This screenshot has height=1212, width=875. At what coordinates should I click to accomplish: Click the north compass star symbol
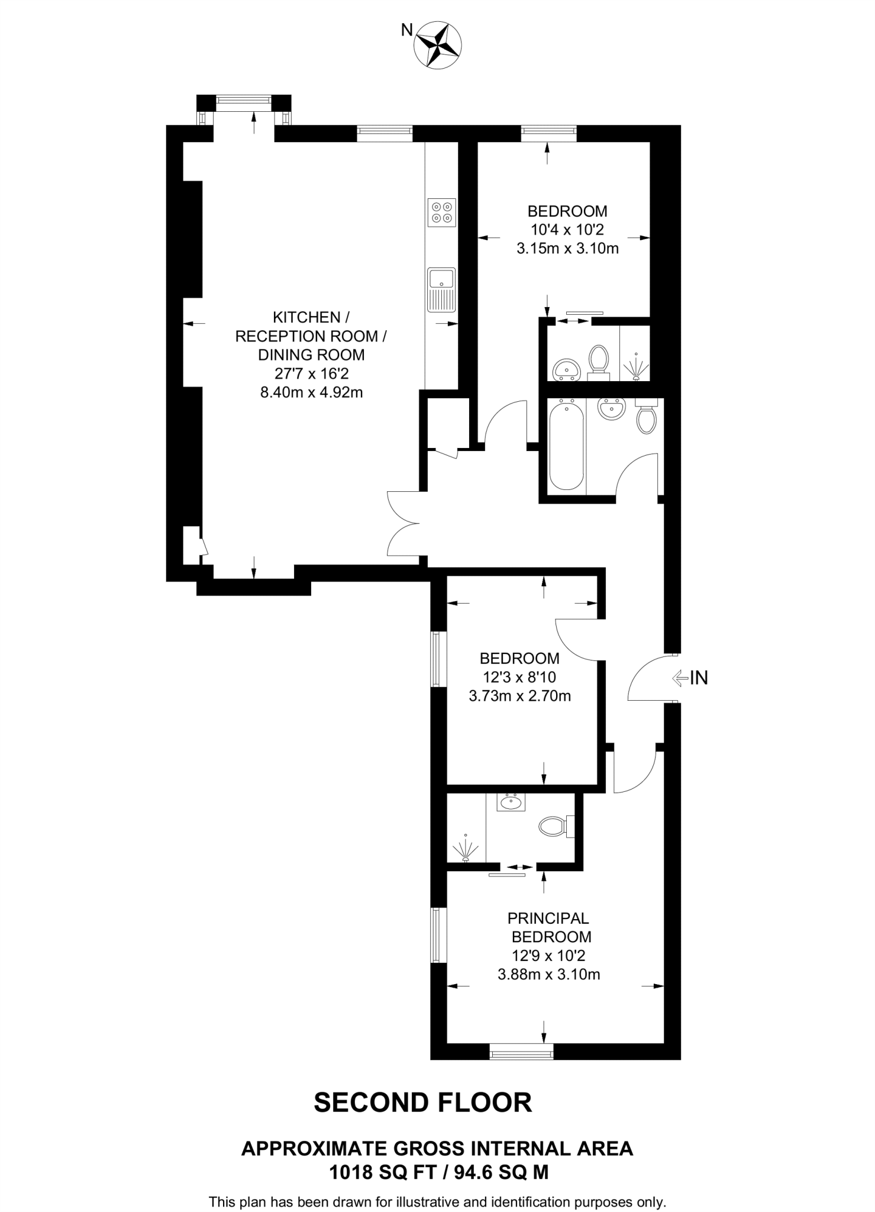point(438,43)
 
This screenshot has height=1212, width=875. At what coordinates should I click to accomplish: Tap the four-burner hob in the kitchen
point(442,212)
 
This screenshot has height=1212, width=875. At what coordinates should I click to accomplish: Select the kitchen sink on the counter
point(441,289)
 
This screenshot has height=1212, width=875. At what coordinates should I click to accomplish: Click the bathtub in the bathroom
point(566,444)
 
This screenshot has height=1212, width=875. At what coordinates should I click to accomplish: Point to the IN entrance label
point(699,678)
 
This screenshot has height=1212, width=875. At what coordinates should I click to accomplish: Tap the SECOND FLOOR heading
point(422,1103)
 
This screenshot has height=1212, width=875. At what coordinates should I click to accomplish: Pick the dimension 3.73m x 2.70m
point(519,696)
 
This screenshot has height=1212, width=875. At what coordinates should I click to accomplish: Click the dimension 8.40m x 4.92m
point(311,392)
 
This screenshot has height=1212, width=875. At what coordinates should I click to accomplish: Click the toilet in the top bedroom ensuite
point(599,360)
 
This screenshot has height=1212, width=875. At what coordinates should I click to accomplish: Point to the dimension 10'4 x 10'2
point(567,230)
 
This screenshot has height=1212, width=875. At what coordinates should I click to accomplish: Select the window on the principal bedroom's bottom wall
point(521,1051)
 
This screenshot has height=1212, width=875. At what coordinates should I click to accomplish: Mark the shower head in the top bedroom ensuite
point(635,367)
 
